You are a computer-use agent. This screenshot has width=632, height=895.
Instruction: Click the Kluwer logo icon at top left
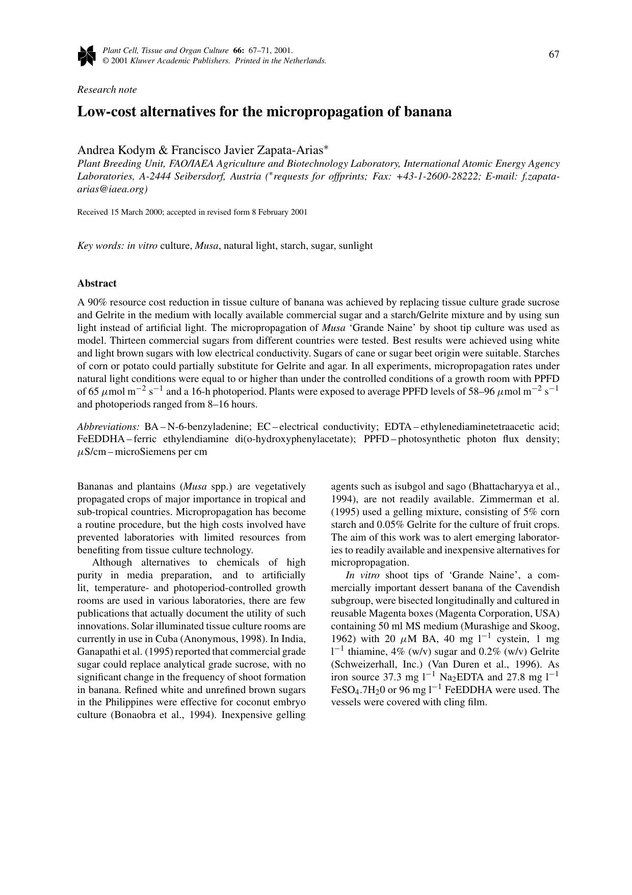[87, 56]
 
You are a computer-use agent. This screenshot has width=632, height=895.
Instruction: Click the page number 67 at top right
[554, 55]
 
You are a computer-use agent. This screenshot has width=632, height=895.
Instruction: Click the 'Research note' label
[107, 90]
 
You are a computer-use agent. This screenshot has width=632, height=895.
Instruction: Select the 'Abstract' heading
[97, 284]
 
